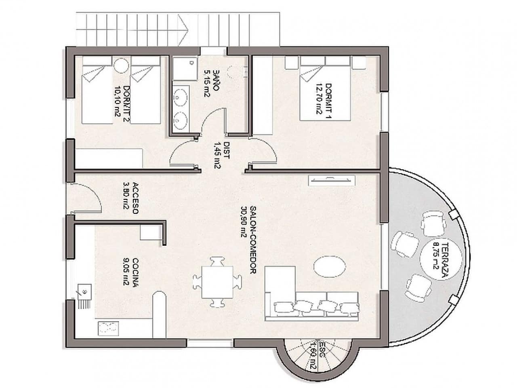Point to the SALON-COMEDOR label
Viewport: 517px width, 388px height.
pyautogui.click(x=254, y=240)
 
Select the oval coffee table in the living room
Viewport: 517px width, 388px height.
pyautogui.click(x=329, y=267)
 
